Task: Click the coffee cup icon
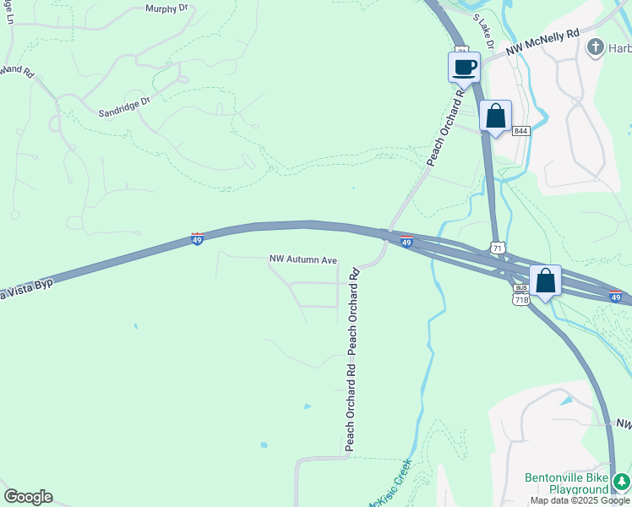tap(464, 67)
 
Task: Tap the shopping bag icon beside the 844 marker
tap(495, 117)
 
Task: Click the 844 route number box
tap(521, 131)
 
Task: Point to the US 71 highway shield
tap(498, 248)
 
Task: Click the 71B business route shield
tap(521, 299)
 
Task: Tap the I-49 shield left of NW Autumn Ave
tap(197, 239)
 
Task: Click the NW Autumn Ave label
tap(303, 260)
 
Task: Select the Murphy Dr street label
tap(166, 8)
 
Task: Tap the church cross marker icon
tap(596, 47)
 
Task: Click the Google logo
tap(28, 497)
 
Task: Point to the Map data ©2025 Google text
tap(580, 501)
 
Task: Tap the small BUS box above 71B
tap(521, 288)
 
